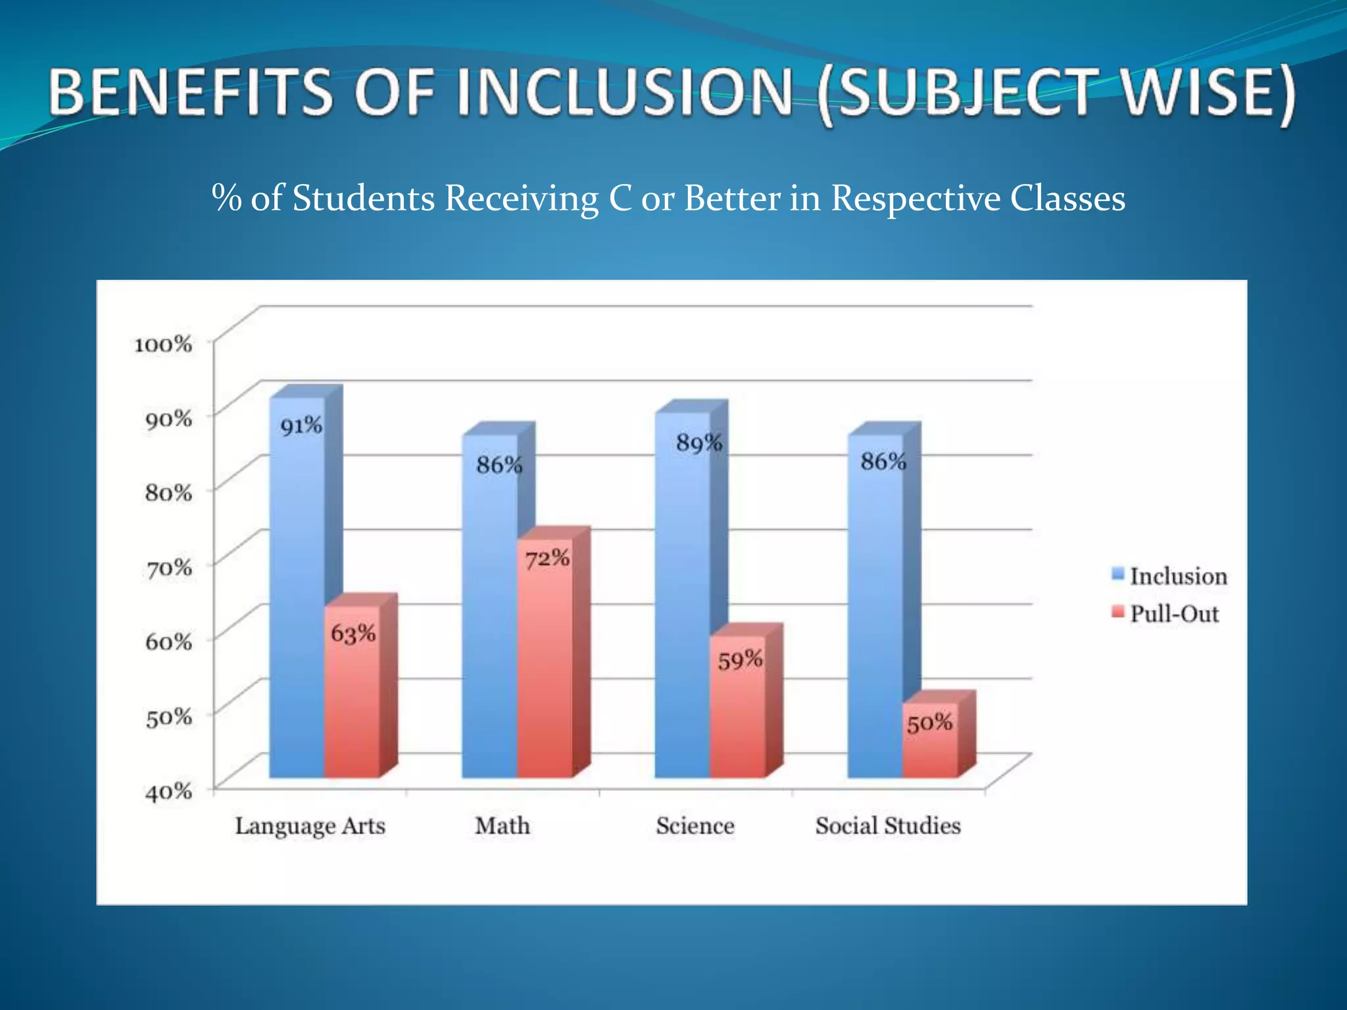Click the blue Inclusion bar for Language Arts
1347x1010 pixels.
point(297,592)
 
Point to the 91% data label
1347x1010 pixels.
point(301,426)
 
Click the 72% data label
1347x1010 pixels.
point(547,559)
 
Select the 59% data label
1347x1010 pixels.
point(740,660)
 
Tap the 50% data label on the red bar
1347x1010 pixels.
point(929,723)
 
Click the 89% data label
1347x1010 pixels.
point(699,443)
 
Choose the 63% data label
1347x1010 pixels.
point(353,634)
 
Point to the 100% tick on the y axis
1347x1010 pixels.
point(163,344)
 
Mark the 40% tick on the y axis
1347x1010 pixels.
point(168,790)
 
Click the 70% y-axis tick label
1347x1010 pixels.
point(168,567)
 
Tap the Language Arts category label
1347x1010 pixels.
point(310,826)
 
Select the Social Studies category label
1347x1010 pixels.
point(888,825)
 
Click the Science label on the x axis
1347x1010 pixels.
point(695,825)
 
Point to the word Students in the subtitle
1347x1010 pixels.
point(364,198)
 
